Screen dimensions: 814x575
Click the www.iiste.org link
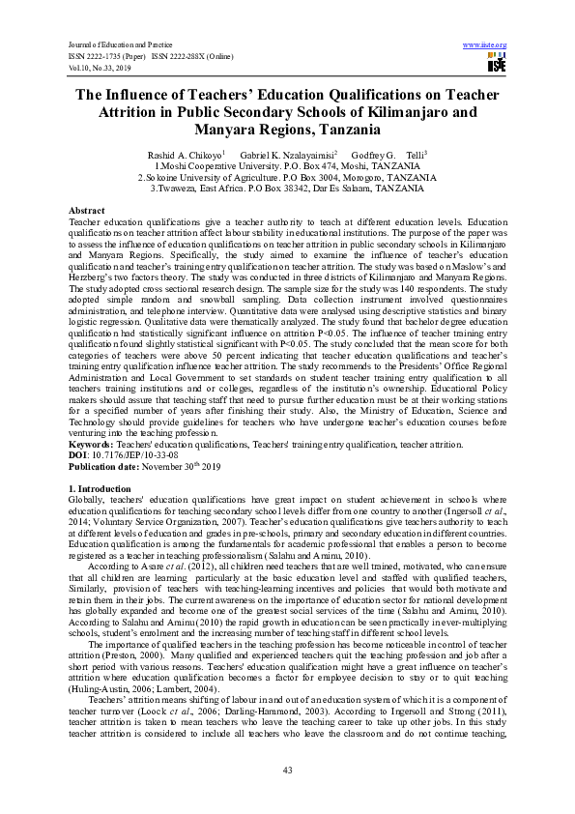coord(485,44)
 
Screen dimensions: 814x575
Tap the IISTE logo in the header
coord(496,64)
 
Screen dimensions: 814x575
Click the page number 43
coord(287,768)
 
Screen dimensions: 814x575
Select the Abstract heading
coord(87,210)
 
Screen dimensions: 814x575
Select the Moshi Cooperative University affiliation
coord(287,166)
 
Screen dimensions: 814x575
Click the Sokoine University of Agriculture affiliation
coord(287,178)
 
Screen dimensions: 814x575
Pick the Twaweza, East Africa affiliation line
coord(287,189)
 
